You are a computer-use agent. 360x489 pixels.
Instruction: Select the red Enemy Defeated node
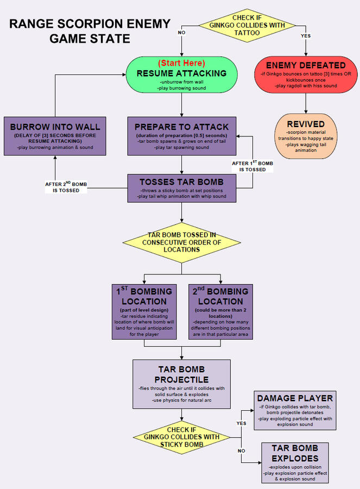[306, 74]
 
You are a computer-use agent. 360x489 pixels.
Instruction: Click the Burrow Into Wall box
[55, 136]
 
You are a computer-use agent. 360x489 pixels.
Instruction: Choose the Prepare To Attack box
[181, 136]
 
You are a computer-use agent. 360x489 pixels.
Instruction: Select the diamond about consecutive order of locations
[182, 242]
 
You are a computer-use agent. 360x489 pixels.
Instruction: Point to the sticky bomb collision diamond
[182, 437]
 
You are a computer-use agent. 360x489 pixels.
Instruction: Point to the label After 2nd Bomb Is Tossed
[66, 187]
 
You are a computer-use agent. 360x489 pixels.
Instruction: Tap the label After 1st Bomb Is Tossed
[249, 166]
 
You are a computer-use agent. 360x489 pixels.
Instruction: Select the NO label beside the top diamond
[181, 33]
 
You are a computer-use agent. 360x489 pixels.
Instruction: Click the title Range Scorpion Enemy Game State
[90, 31]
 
